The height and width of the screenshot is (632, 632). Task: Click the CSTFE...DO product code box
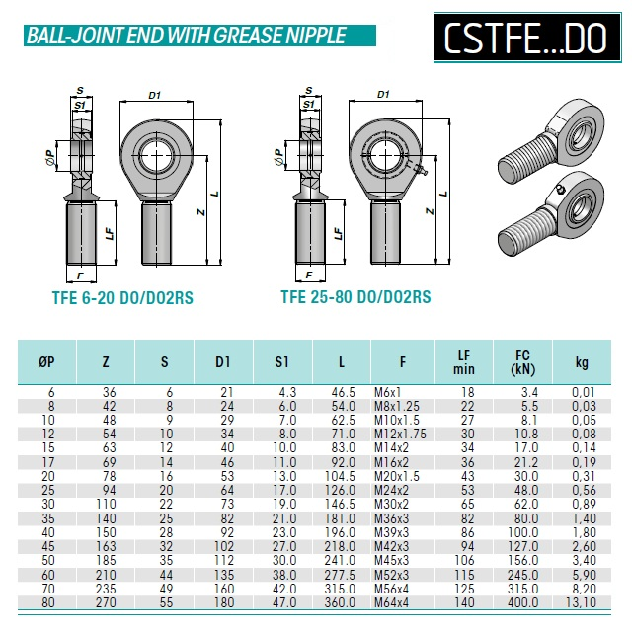(527, 38)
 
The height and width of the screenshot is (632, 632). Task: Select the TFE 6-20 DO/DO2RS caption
(122, 298)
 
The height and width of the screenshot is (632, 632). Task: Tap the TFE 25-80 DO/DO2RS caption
(355, 297)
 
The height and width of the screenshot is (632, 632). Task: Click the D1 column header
(223, 362)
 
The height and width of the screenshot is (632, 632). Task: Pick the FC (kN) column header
(522, 362)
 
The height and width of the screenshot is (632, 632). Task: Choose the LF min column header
(464, 362)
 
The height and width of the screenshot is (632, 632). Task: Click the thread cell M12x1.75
(400, 434)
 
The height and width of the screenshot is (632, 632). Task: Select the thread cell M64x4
(391, 602)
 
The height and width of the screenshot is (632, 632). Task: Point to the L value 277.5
(340, 575)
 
